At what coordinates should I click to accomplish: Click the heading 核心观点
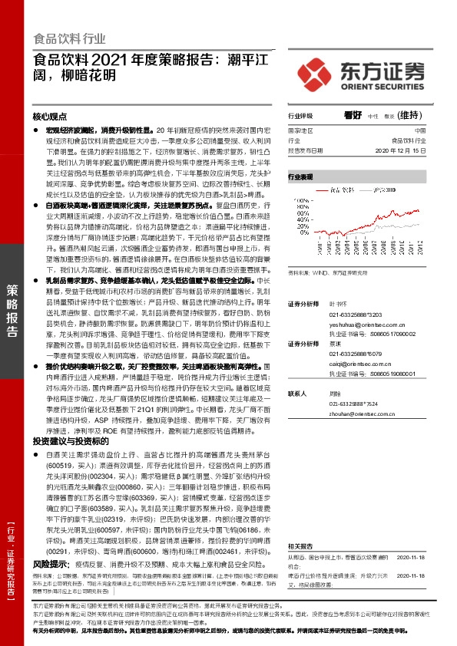point(49,117)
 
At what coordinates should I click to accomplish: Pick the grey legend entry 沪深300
point(384,188)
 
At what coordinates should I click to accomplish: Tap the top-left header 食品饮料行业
point(70,38)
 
